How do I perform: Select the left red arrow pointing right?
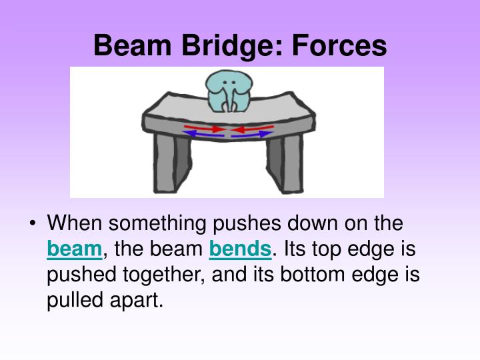coord(204,127)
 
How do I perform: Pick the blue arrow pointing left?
coord(203,134)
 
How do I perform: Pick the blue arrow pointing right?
coord(253,134)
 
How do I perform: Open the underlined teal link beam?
coord(74,249)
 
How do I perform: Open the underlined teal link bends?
coord(240,249)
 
